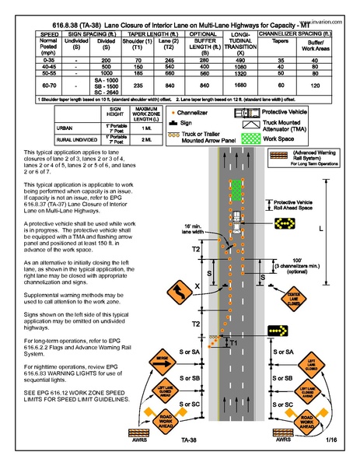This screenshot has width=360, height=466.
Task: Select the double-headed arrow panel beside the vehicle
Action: tap(283, 224)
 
